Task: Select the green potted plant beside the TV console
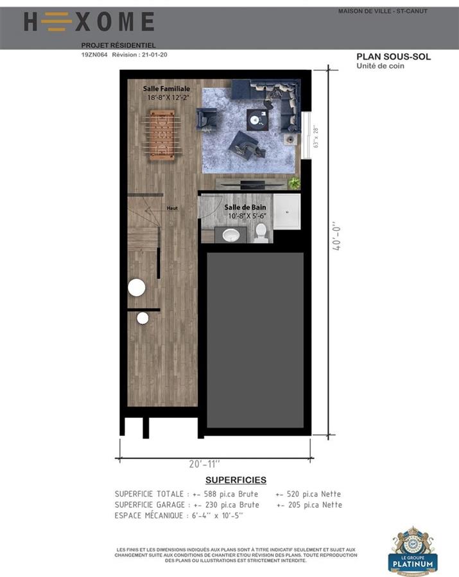(x=294, y=183)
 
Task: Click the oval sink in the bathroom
(x=230, y=236)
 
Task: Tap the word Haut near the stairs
(x=172, y=208)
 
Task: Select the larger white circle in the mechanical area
(x=136, y=288)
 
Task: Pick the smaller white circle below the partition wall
(x=143, y=318)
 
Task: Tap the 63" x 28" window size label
(x=315, y=136)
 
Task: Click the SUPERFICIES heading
(x=236, y=480)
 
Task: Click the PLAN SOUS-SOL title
(x=394, y=56)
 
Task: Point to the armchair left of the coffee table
(x=207, y=119)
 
